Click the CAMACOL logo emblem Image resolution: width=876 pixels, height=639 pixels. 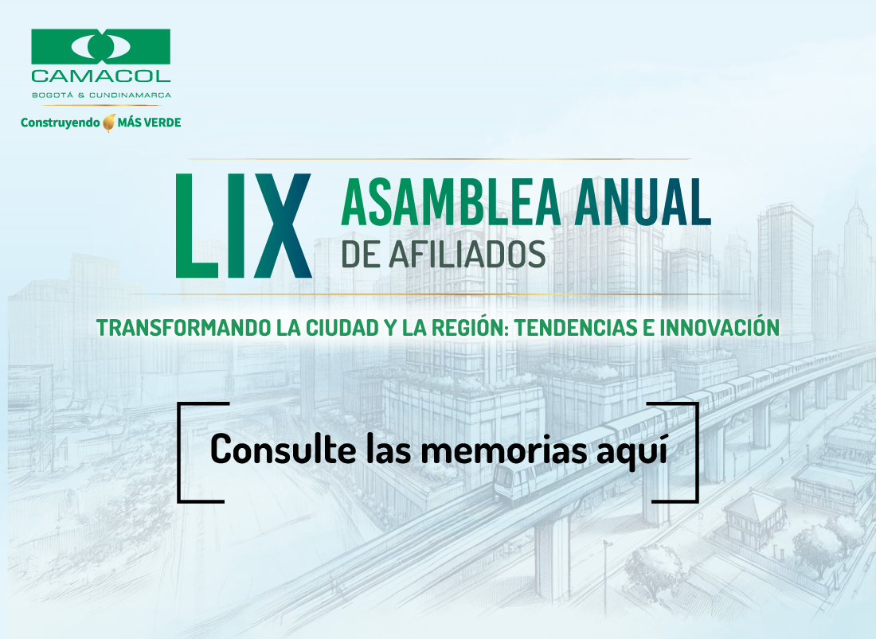pos(100,46)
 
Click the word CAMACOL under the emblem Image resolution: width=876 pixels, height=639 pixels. pos(100,76)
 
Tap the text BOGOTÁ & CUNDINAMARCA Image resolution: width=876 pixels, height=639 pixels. pos(101,95)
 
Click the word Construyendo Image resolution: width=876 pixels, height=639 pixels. pos(60,123)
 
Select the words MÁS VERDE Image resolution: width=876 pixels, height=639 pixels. pos(149,123)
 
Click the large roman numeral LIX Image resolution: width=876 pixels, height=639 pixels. pos(244,225)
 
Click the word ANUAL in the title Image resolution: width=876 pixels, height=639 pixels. pos(643,202)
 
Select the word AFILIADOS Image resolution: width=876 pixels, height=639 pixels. pos(467,255)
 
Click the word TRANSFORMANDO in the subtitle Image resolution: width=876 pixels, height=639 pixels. pos(184,328)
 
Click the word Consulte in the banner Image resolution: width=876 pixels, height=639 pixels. pos(284,449)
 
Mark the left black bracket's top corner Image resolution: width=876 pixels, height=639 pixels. pos(178,403)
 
